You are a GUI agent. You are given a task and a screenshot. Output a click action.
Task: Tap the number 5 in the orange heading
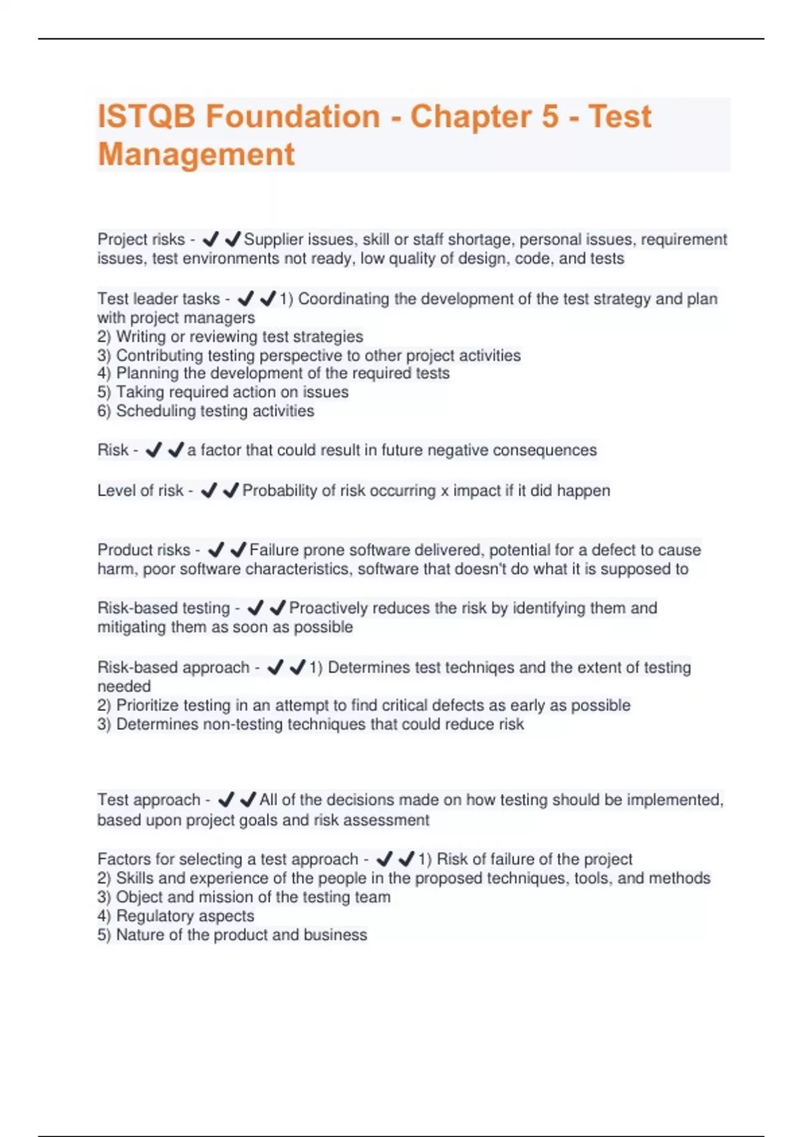point(549,116)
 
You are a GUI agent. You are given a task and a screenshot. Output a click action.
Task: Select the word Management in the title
point(196,154)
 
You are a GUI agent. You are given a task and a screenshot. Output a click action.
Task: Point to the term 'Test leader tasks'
point(159,299)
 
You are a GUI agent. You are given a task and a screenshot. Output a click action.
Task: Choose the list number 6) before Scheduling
point(104,411)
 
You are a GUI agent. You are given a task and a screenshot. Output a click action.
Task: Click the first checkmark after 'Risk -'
point(153,451)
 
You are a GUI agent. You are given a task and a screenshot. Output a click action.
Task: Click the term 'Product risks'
point(144,550)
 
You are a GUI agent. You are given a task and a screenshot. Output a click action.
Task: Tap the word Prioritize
point(154,706)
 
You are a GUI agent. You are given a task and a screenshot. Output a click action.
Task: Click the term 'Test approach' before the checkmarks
point(149,800)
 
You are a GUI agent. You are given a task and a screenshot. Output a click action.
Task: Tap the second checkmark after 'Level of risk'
point(231,491)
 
